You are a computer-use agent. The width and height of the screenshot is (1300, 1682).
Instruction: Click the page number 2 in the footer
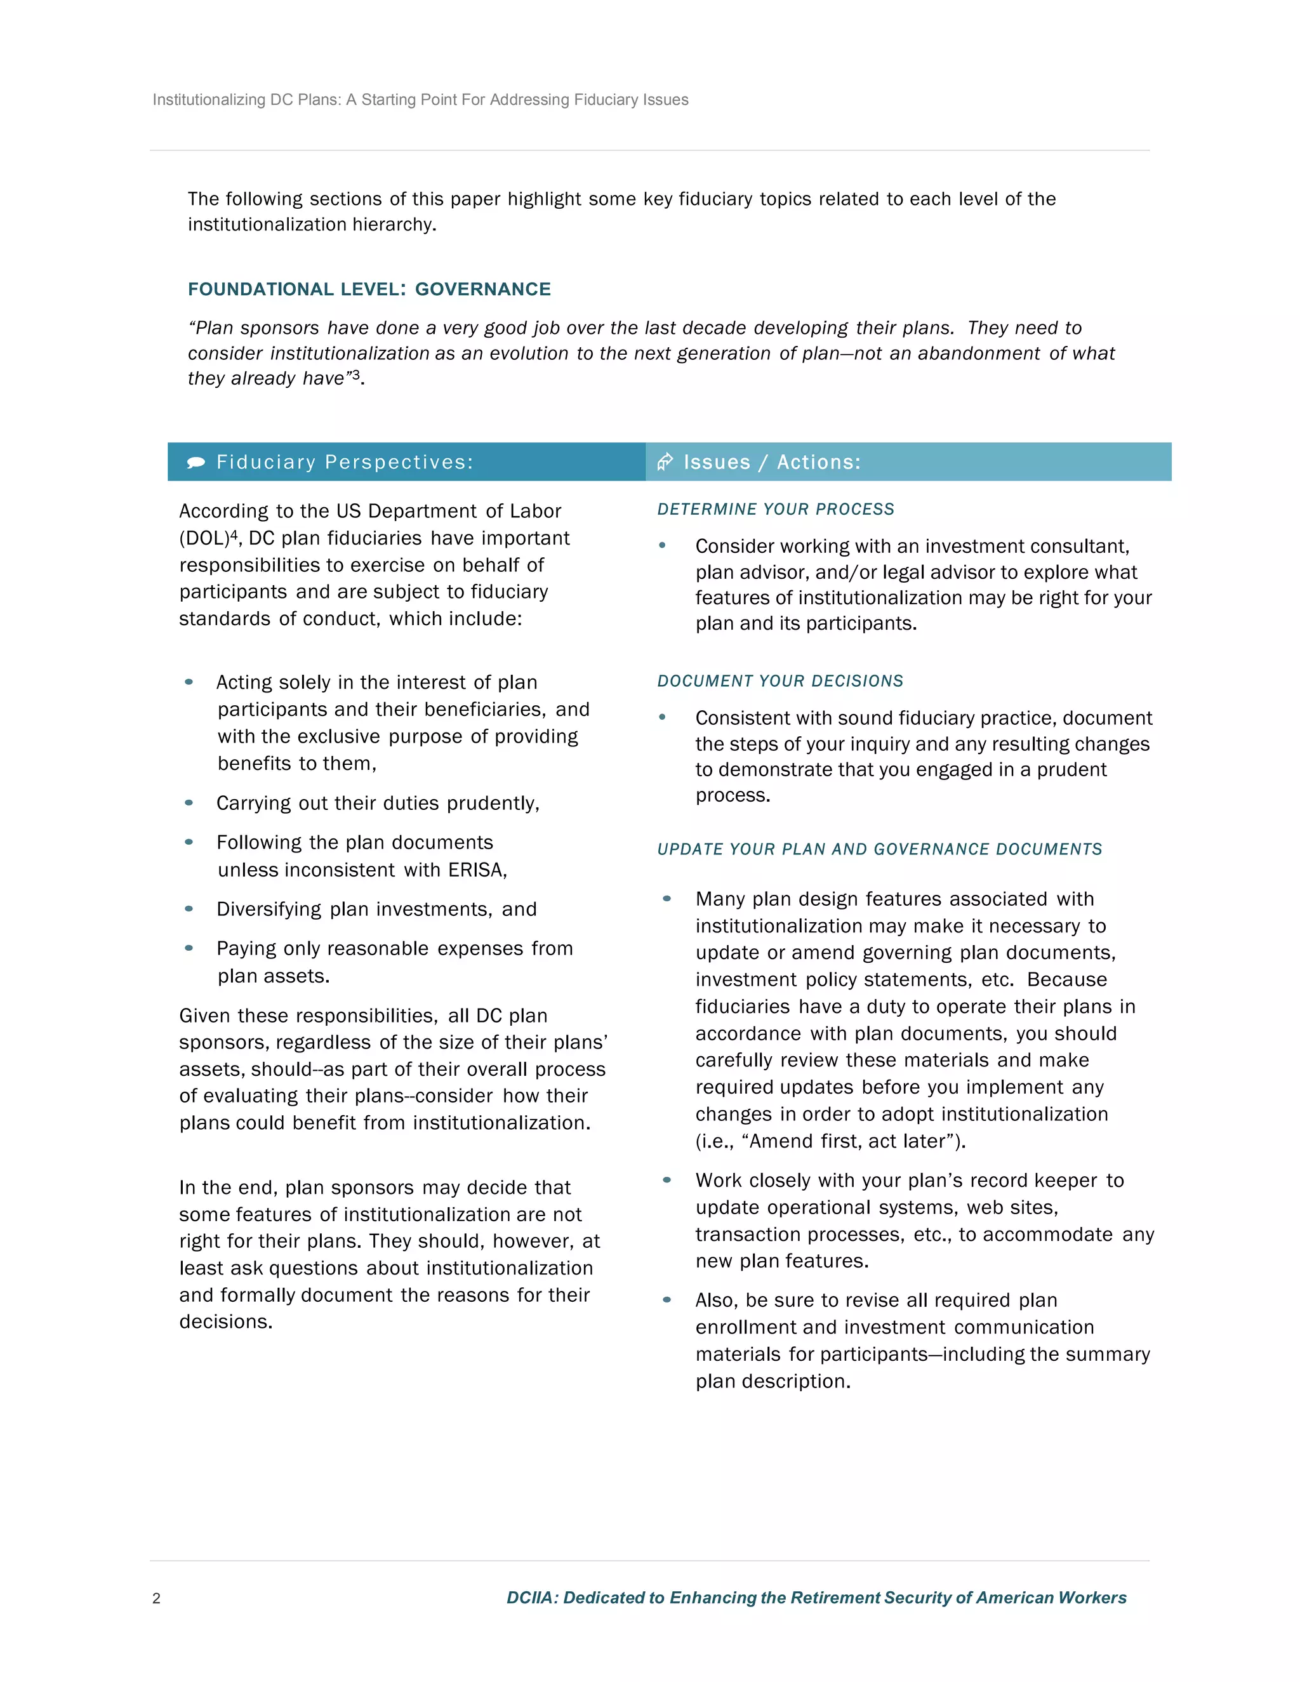point(156,1598)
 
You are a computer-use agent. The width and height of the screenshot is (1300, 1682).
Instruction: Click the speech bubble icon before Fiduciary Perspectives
point(196,462)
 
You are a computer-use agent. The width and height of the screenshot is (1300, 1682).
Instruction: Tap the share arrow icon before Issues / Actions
point(665,462)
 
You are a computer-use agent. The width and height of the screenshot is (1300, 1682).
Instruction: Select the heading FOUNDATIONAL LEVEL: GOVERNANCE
point(369,289)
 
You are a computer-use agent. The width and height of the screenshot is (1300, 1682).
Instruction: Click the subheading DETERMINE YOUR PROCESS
point(776,509)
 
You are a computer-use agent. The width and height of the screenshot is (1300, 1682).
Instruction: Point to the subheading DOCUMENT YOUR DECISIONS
point(780,681)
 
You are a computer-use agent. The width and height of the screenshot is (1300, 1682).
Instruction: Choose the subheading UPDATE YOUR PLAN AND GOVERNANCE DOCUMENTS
point(880,849)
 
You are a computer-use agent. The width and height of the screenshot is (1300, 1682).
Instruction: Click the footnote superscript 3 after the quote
point(356,374)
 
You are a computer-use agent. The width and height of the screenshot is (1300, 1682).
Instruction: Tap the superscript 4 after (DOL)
point(234,534)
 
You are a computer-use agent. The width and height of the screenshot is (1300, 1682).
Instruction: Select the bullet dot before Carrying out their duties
point(189,802)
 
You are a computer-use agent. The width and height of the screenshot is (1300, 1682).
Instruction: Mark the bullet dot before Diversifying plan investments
point(189,909)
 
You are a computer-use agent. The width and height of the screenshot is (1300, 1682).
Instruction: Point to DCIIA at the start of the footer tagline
point(531,1598)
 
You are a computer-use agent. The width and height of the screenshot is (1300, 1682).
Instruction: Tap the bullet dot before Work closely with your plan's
point(667,1180)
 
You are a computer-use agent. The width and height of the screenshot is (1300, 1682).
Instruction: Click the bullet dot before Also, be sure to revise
point(667,1299)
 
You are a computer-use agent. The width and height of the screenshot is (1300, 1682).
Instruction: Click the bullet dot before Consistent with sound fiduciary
point(662,717)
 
